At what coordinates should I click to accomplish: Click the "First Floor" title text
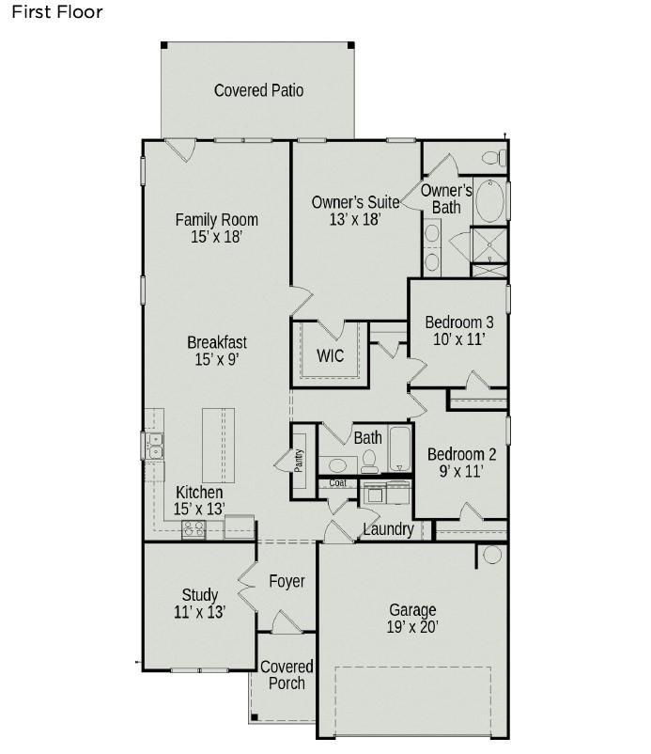tap(56, 12)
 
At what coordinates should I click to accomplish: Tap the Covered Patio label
tap(258, 90)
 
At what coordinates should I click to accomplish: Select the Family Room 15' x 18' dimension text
tap(217, 237)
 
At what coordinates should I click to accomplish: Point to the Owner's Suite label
tap(355, 202)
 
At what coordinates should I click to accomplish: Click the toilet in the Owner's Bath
tap(494, 158)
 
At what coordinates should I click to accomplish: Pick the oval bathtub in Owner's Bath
tap(489, 201)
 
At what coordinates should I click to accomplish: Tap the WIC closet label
tap(330, 355)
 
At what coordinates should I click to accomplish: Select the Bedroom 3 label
tap(459, 322)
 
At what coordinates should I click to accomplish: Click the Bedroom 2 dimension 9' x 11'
tap(461, 471)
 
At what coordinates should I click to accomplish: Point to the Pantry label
tap(299, 461)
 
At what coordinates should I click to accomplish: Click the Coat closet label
tap(338, 483)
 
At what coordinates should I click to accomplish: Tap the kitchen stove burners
tap(194, 529)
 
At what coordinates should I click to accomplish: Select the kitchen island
tap(218, 446)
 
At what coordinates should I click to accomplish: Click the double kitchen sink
tap(155, 446)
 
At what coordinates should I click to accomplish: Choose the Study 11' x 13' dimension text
tap(200, 612)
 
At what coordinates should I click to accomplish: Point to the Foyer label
tap(287, 581)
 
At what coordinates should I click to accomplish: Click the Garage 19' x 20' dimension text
tap(412, 627)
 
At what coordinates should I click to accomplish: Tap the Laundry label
tap(388, 529)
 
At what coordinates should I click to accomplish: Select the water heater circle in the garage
tap(492, 555)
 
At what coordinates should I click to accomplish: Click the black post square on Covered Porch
tap(255, 717)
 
